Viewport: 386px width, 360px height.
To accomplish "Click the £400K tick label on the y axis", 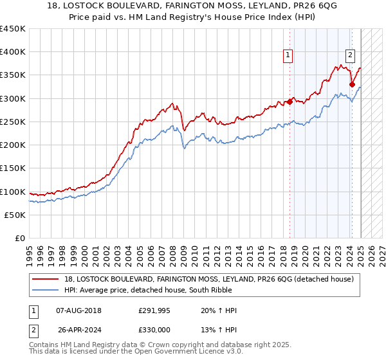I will (13, 52).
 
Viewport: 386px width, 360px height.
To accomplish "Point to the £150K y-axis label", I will (13, 168).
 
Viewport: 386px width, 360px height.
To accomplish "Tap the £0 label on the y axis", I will (20, 239).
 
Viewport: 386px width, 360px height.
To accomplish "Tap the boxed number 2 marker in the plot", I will (350, 55).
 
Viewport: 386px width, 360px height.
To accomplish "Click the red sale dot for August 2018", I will (289, 102).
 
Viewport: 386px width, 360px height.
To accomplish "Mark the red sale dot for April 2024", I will (353, 84).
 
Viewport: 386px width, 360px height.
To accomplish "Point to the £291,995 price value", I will (154, 310).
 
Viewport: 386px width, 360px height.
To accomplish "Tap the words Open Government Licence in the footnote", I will (193, 354).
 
